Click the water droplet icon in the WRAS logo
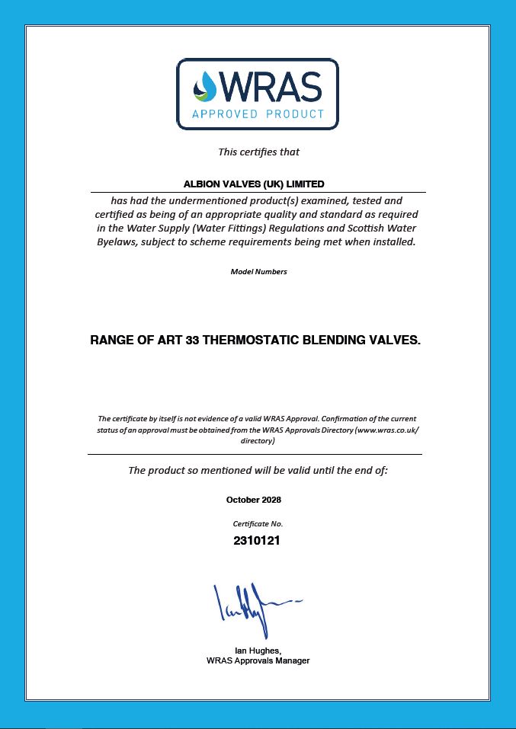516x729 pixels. click(205, 85)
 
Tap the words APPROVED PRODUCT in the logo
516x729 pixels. click(258, 114)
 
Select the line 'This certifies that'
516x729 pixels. click(258, 152)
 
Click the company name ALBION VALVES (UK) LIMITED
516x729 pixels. click(254, 184)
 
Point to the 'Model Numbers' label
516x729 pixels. click(258, 272)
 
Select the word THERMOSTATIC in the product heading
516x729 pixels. click(255, 341)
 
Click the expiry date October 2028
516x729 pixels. click(254, 500)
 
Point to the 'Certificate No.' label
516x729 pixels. click(258, 524)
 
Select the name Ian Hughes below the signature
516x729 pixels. click(257, 651)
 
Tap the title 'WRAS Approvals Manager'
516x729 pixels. click(258, 660)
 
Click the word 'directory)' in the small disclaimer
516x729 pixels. click(258, 440)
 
